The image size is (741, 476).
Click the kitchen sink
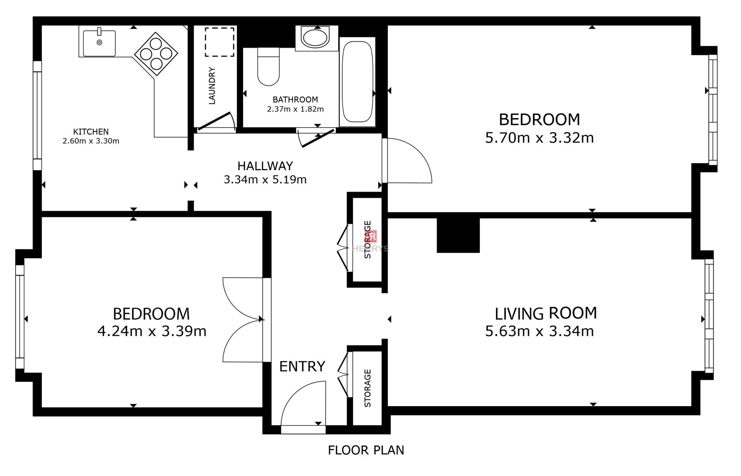click(99, 42)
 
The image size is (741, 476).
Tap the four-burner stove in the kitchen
click(156, 54)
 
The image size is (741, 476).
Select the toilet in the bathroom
click(268, 66)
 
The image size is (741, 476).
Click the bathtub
click(357, 81)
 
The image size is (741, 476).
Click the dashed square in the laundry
click(219, 42)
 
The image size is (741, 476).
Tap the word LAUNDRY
click(211, 86)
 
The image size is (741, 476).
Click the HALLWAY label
click(265, 166)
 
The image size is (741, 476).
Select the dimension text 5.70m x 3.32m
click(539, 138)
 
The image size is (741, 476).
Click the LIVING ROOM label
click(546, 313)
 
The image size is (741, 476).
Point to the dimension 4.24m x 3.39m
click(152, 331)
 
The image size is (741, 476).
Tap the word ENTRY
click(302, 366)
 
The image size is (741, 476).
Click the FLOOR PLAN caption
click(366, 450)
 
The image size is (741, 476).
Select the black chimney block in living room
click(458, 235)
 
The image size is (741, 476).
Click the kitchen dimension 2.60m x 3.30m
click(91, 141)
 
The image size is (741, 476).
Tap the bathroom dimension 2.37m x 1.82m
click(295, 109)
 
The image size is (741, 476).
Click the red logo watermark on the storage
click(372, 236)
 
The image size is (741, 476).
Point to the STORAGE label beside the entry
click(367, 388)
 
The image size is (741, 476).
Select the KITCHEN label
click(91, 132)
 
